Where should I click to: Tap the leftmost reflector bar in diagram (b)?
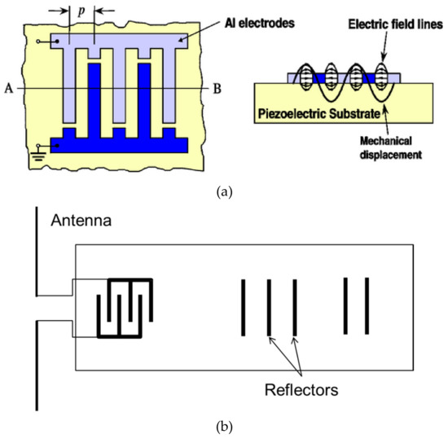pos(242,307)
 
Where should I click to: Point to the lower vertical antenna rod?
pos(37,366)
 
